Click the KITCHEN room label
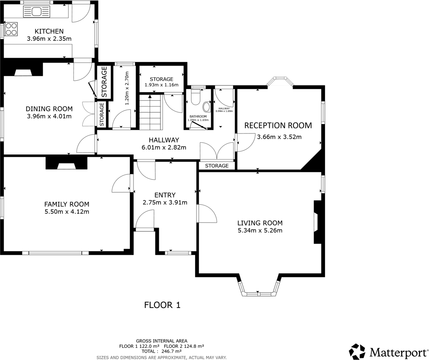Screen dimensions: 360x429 (49, 31)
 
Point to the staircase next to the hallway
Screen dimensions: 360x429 (150, 112)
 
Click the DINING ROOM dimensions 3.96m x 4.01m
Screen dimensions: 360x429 (49, 117)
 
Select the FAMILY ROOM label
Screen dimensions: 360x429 (67, 204)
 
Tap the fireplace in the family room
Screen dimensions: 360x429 (66, 163)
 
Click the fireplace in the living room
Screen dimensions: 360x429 (317, 222)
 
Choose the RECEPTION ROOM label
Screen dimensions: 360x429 (278, 125)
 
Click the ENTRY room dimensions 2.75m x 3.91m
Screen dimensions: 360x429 (165, 202)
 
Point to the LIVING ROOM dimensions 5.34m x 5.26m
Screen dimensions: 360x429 (260, 231)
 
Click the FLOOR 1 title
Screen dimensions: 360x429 (162, 305)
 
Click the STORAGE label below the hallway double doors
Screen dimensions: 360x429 (217, 166)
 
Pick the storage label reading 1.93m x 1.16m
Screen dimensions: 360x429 (161, 85)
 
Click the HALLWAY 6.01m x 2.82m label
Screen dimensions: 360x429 (163, 144)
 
